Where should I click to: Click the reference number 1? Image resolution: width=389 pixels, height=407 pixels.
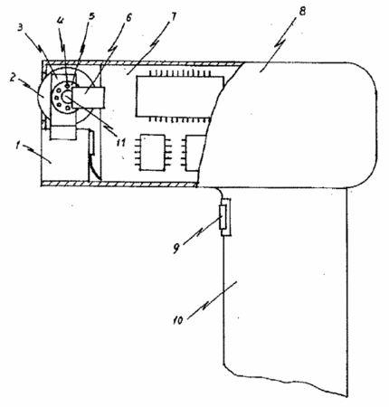click(x=18, y=147)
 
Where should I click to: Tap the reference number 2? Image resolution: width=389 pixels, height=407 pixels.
click(x=12, y=78)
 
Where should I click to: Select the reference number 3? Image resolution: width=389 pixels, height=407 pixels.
click(x=20, y=28)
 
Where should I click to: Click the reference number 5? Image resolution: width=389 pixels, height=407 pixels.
click(x=91, y=15)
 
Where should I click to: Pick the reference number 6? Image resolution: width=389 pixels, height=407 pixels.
click(x=128, y=17)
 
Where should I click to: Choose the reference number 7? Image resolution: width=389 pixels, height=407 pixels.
click(x=173, y=16)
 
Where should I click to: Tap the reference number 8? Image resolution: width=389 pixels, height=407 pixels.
click(x=302, y=11)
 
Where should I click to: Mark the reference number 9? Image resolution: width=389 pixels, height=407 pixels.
click(x=176, y=248)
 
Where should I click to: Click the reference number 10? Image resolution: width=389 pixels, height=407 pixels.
click(x=178, y=320)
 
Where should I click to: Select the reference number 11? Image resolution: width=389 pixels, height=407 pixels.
click(x=120, y=142)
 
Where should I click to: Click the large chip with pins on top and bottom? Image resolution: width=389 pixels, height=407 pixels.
click(x=180, y=97)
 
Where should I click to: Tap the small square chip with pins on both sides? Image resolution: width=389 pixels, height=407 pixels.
click(x=153, y=153)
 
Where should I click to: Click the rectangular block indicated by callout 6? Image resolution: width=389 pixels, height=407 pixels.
click(x=89, y=97)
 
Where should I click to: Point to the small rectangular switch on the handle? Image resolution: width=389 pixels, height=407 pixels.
click(x=226, y=217)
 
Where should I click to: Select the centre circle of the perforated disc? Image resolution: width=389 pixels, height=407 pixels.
click(x=67, y=97)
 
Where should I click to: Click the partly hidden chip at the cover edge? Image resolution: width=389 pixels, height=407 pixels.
click(x=193, y=153)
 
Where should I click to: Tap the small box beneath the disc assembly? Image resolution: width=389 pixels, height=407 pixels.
click(x=62, y=133)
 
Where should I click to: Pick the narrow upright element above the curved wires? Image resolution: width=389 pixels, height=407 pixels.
click(x=91, y=142)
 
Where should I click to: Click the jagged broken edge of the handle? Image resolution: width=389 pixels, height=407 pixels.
click(x=287, y=383)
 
